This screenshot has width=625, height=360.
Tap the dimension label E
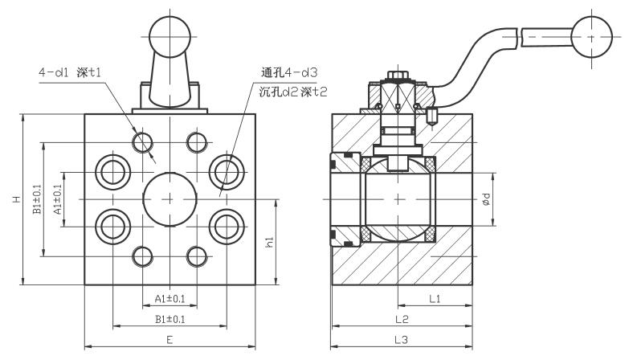click(170, 340)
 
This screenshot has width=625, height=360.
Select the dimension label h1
click(271, 240)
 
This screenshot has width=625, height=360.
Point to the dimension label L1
click(435, 299)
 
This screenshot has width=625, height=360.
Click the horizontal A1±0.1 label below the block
click(170, 299)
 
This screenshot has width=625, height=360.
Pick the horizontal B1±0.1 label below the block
click(170, 319)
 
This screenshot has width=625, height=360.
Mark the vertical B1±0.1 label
click(36, 199)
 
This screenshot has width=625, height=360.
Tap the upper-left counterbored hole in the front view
click(110, 170)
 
